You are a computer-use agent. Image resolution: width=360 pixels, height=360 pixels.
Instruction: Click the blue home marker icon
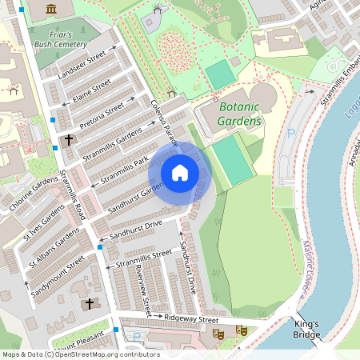point(180,173)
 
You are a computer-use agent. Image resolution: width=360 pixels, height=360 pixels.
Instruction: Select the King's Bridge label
point(306,330)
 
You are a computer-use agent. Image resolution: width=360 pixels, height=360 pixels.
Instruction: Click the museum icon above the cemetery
point(52,9)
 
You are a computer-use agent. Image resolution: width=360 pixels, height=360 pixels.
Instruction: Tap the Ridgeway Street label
point(191,318)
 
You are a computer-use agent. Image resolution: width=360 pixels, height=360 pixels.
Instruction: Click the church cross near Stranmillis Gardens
point(69,140)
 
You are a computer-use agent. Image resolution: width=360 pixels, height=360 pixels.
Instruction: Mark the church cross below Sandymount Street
point(89,303)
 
